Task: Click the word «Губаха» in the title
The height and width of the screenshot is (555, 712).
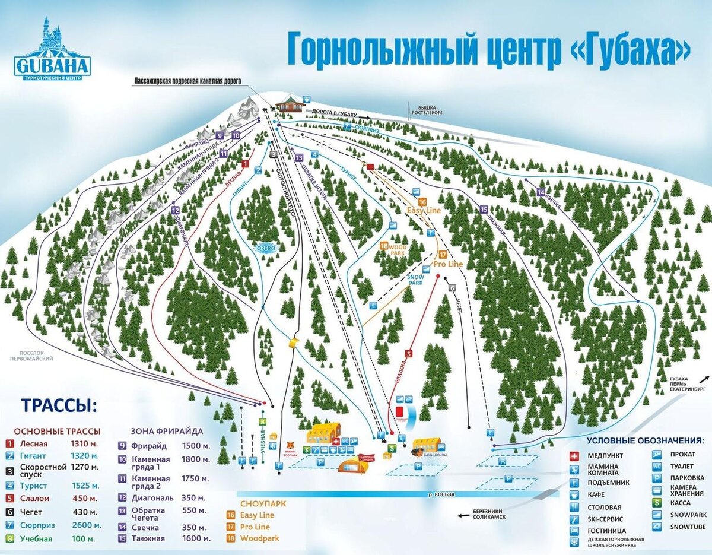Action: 632,50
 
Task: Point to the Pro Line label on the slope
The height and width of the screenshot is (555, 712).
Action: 448,263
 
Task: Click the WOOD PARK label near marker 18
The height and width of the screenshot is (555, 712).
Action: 396,249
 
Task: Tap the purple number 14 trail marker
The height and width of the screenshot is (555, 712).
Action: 540,192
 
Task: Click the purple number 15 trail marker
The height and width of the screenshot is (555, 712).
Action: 484,210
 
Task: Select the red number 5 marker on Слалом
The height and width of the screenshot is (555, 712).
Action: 408,354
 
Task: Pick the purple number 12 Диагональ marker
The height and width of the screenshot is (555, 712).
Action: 175,210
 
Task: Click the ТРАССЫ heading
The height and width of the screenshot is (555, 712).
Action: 58,406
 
